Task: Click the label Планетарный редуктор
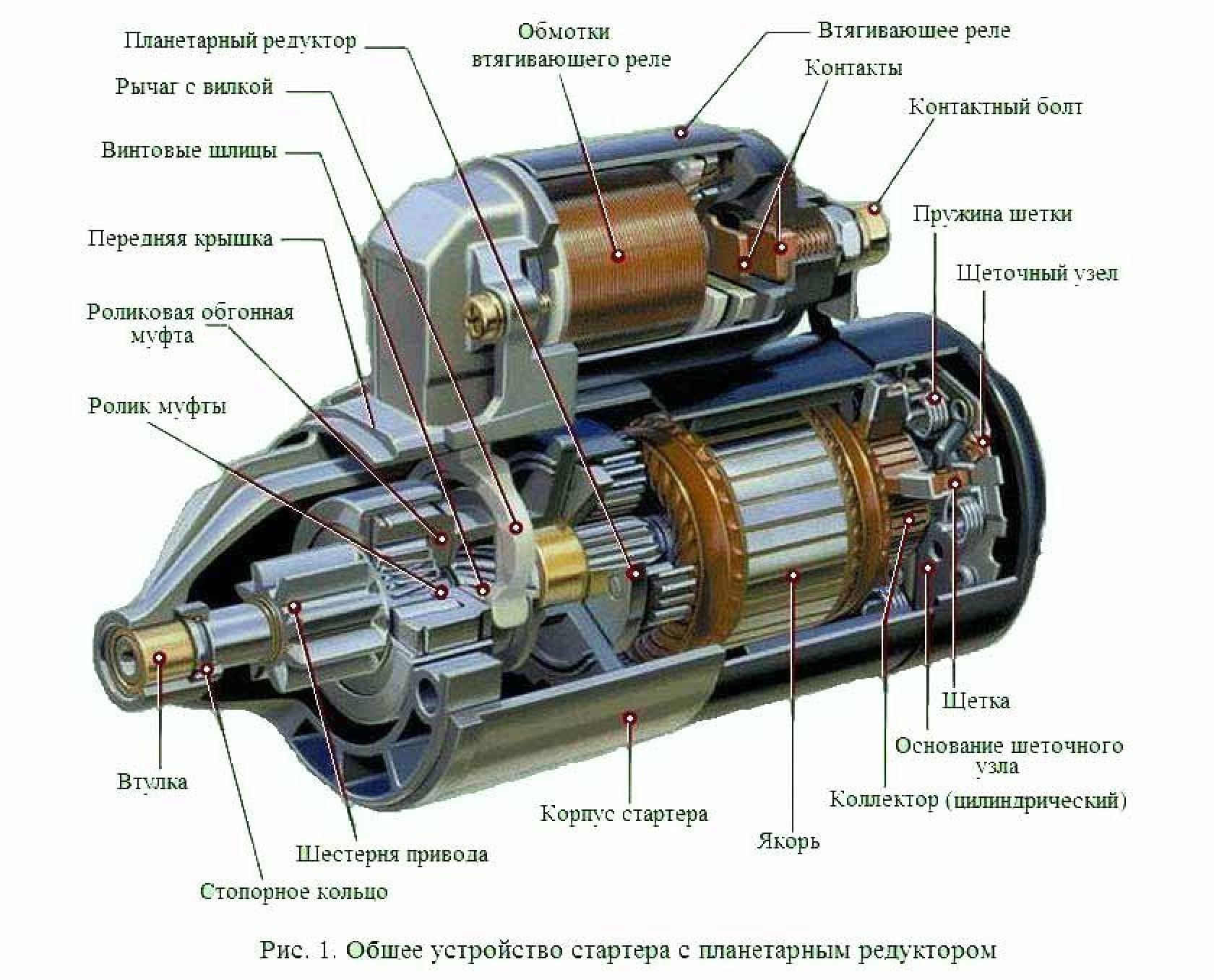240,40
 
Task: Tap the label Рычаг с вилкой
194,87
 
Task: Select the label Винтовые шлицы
189,151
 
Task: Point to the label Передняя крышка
181,238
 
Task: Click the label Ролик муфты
158,406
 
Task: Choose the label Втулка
152,781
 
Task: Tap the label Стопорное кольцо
293,891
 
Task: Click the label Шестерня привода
392,854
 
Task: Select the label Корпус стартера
624,814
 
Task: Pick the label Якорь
788,842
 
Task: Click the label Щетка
976,700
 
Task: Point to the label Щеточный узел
1037,273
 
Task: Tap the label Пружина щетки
992,214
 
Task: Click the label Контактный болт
996,107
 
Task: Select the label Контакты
853,68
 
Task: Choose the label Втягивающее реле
914,30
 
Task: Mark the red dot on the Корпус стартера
630,718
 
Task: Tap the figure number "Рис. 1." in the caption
298,950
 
